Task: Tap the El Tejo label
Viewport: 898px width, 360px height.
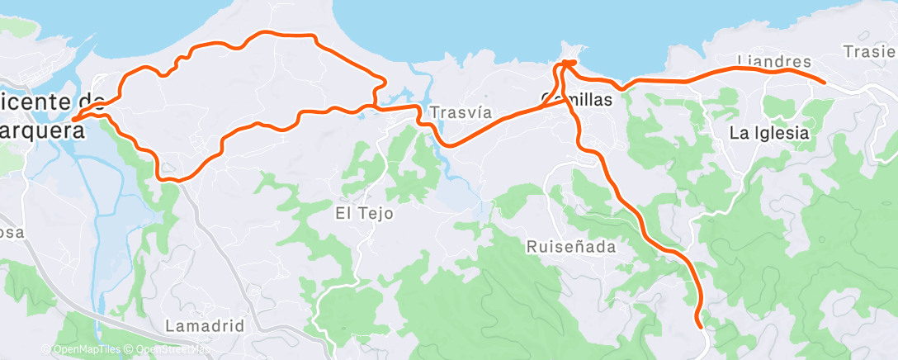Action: click(364, 213)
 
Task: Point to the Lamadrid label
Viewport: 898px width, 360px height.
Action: click(205, 325)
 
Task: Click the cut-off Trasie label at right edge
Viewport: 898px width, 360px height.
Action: click(870, 51)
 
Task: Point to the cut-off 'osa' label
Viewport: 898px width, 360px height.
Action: click(12, 233)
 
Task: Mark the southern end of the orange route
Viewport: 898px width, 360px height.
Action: click(700, 325)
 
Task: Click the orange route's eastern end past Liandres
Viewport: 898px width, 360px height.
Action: click(825, 81)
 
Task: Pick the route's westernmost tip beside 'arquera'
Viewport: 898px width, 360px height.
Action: click(73, 120)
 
